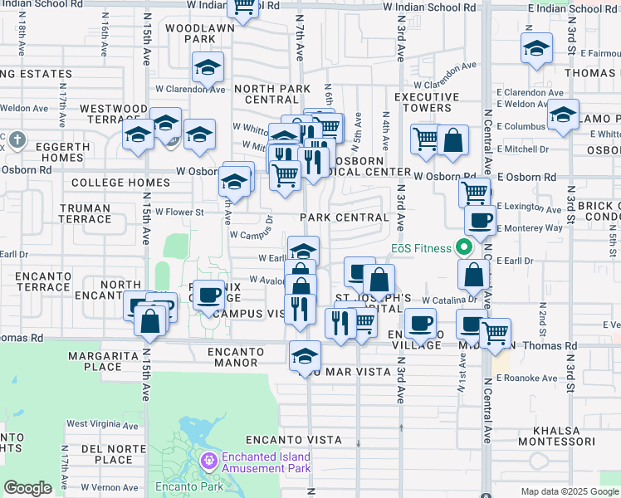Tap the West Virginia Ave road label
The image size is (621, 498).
tap(100, 424)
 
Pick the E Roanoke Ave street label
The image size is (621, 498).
tap(526, 378)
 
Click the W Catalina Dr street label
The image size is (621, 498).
tap(446, 299)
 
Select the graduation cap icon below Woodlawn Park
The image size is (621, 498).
tap(208, 67)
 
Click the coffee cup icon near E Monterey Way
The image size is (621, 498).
tap(479, 220)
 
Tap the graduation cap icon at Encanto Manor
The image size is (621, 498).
tap(305, 356)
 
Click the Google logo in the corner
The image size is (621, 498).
tap(27, 488)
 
